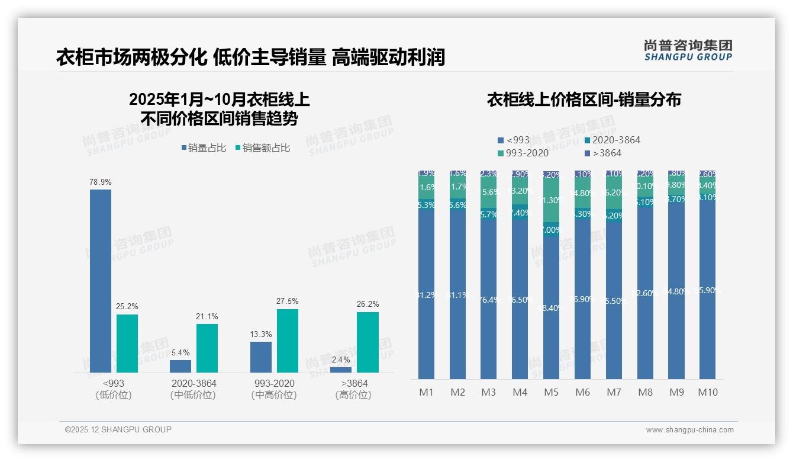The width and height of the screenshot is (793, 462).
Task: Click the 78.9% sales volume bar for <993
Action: [x=101, y=281]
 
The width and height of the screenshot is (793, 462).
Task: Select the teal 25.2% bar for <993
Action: [x=127, y=344]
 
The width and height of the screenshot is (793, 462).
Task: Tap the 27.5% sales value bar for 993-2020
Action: [x=287, y=341]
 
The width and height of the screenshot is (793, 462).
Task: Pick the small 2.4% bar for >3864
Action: [x=340, y=370]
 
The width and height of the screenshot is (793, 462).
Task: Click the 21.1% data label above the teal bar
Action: [x=207, y=316]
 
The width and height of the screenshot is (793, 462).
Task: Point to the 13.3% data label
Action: [x=261, y=334]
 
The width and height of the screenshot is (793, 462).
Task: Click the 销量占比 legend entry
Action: [x=204, y=148]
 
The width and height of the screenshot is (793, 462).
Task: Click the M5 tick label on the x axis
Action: [x=551, y=392]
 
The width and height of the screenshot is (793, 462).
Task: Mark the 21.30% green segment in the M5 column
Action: [x=551, y=200]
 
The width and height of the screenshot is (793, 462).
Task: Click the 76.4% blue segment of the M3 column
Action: [x=488, y=299]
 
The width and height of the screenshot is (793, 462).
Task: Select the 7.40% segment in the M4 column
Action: [x=520, y=212]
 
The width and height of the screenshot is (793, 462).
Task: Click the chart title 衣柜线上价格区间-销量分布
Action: [x=584, y=100]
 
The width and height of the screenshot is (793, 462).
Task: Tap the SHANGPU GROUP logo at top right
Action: [x=688, y=50]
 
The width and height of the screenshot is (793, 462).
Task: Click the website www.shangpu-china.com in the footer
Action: [x=689, y=430]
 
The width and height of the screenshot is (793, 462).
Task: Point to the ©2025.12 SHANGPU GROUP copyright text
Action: [x=118, y=429]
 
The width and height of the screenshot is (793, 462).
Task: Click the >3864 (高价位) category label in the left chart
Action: [x=354, y=389]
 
